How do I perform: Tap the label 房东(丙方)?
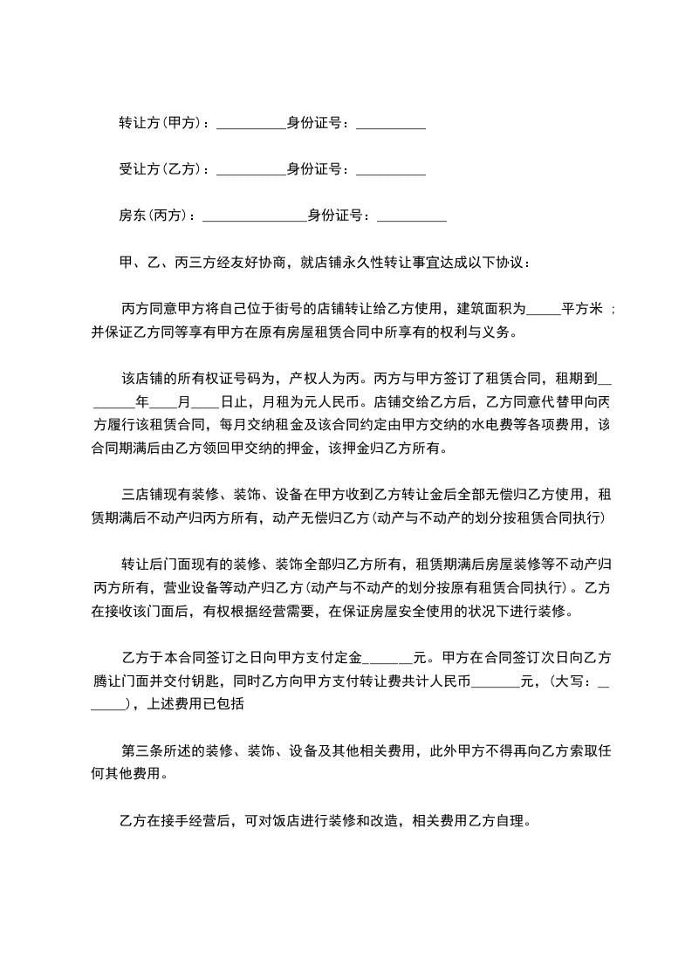[x=154, y=216]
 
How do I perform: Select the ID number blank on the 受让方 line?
[x=391, y=171]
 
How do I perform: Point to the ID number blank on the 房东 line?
[x=412, y=217]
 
